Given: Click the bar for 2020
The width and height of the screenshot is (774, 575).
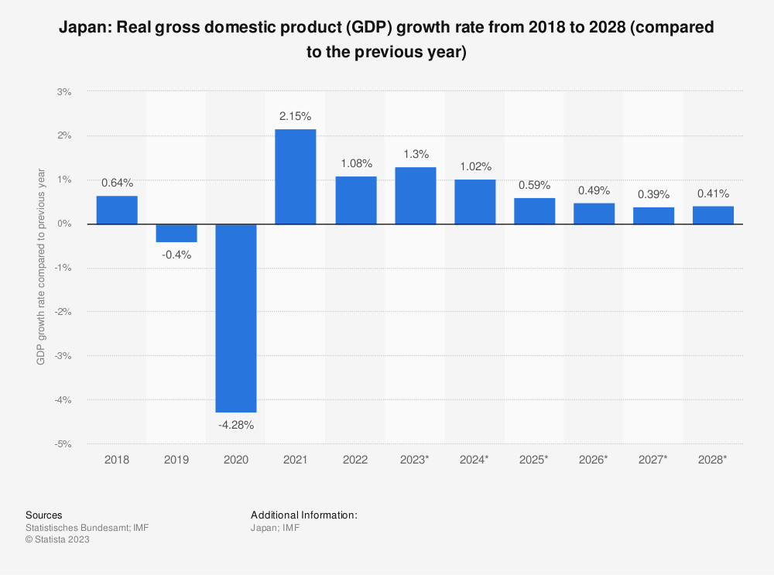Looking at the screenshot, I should pyautogui.click(x=236, y=317).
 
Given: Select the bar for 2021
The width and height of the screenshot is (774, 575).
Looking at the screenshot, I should pyautogui.click(x=296, y=176).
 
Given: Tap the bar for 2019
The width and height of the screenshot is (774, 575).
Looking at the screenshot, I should pyautogui.click(x=176, y=233).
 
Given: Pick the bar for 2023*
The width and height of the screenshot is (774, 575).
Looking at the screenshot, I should pyautogui.click(x=415, y=196).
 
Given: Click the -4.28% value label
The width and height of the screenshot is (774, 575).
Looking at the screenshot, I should pyautogui.click(x=236, y=425).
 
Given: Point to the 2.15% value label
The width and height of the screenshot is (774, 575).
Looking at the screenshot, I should pyautogui.click(x=296, y=116).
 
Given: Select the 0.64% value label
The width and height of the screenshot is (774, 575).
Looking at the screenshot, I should pyautogui.click(x=117, y=183).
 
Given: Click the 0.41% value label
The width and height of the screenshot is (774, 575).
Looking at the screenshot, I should pyautogui.click(x=713, y=193).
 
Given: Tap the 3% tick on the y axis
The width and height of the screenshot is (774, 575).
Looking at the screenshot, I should pyautogui.click(x=64, y=91).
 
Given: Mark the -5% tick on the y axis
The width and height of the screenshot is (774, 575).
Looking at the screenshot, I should pyautogui.click(x=63, y=444).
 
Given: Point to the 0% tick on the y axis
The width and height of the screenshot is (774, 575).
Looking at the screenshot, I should pyautogui.click(x=64, y=224).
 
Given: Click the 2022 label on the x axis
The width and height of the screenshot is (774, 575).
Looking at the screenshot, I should pyautogui.click(x=355, y=459).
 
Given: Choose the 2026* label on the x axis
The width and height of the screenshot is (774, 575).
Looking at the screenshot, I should pyautogui.click(x=594, y=459).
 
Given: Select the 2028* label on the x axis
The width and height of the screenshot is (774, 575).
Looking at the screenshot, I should pyautogui.click(x=713, y=459).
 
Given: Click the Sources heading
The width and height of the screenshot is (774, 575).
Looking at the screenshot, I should pyautogui.click(x=44, y=515).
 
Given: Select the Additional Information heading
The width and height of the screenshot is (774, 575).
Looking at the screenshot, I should pyautogui.click(x=303, y=515).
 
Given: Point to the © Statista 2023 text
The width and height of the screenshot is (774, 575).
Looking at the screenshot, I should pyautogui.click(x=58, y=540).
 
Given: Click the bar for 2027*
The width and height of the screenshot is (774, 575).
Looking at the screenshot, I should pyautogui.click(x=653, y=215).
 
